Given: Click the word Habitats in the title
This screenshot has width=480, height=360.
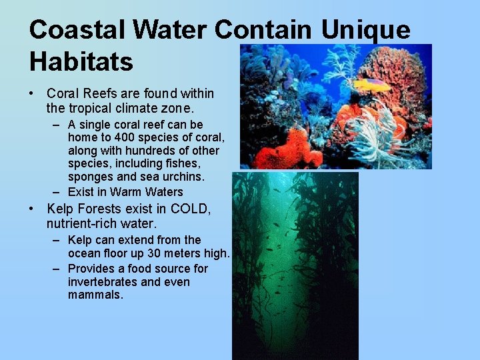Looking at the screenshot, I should coord(81,61).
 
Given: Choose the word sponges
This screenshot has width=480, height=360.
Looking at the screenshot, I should coord(91,176).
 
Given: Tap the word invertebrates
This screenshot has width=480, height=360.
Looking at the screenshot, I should coord(103,282).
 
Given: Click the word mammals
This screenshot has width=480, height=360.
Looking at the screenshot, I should coord(95,295).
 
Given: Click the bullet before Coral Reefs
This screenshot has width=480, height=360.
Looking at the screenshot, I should coord(33,94).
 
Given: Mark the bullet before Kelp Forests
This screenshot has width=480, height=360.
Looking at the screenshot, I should coord(33,209).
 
